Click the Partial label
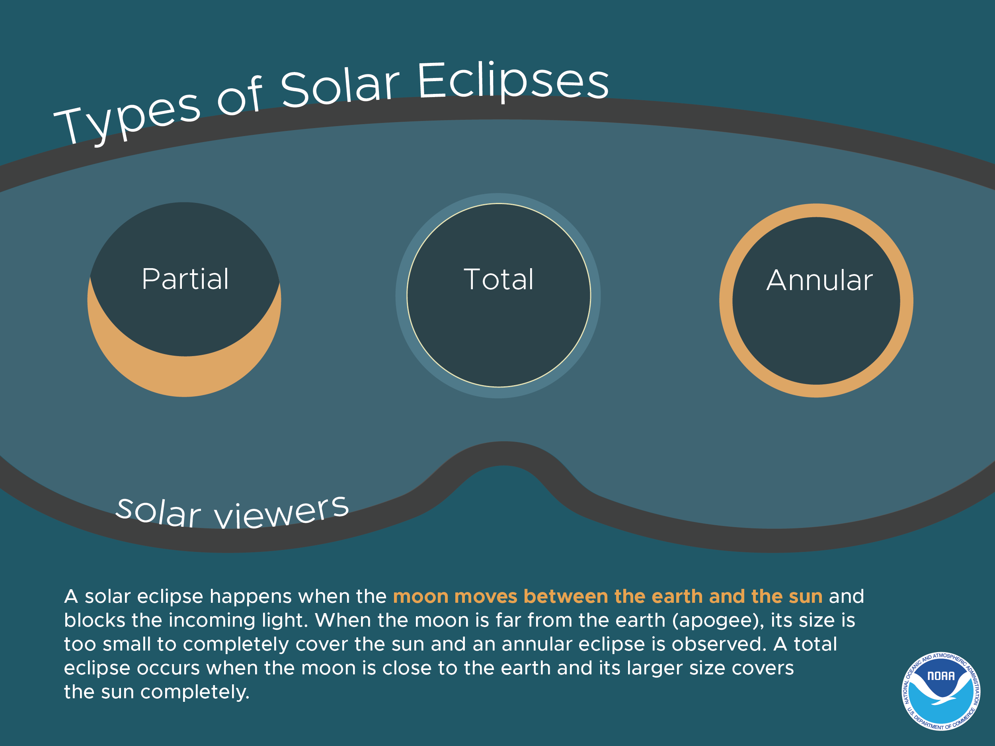[x=185, y=279]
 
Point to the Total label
[x=498, y=280]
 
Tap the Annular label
[x=819, y=280]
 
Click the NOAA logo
[x=941, y=691]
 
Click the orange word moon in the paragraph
[x=421, y=597]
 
